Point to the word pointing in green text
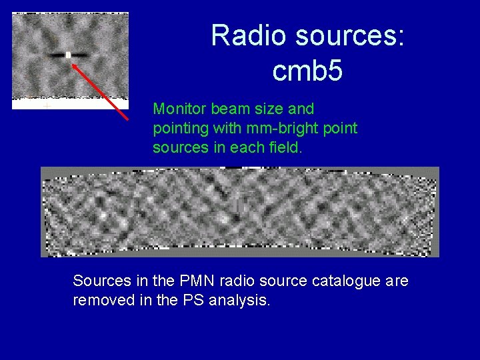coord(179,128)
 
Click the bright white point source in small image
coord(68,55)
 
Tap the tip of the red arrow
coord(72,63)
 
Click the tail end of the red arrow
coord(127,119)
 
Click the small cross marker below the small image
coord(47,106)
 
